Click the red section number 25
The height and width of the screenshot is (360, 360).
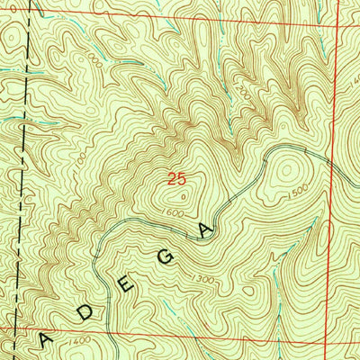[177, 180]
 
